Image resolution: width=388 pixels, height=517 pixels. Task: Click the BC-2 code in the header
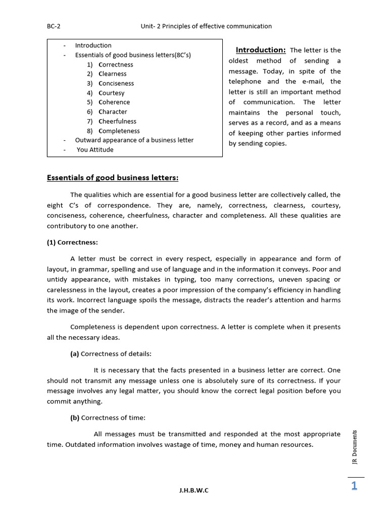pyautogui.click(x=53, y=26)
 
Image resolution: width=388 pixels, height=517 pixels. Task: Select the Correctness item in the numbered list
pyautogui.click(x=116, y=65)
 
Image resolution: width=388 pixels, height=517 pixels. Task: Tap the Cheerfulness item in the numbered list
pyautogui.click(x=117, y=121)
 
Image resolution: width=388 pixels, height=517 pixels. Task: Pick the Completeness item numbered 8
pyautogui.click(x=119, y=131)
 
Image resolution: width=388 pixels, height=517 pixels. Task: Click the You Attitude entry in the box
pyautogui.click(x=95, y=149)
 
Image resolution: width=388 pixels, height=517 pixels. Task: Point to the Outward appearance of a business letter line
pyautogui.click(x=134, y=140)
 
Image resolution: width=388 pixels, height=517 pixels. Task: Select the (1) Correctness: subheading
pyautogui.click(x=73, y=242)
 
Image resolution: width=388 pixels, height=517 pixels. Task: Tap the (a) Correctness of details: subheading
pyautogui.click(x=111, y=354)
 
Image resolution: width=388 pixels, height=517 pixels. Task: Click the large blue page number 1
pyautogui.click(x=354, y=486)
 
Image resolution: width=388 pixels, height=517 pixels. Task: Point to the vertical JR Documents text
pyautogui.click(x=355, y=449)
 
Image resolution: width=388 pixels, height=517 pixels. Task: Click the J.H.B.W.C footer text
pyautogui.click(x=193, y=490)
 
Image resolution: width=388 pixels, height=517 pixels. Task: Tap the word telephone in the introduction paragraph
pyautogui.click(x=245, y=81)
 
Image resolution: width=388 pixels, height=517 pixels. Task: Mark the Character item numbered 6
pyautogui.click(x=113, y=112)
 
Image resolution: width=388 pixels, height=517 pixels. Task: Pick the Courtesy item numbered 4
pyautogui.click(x=111, y=93)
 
